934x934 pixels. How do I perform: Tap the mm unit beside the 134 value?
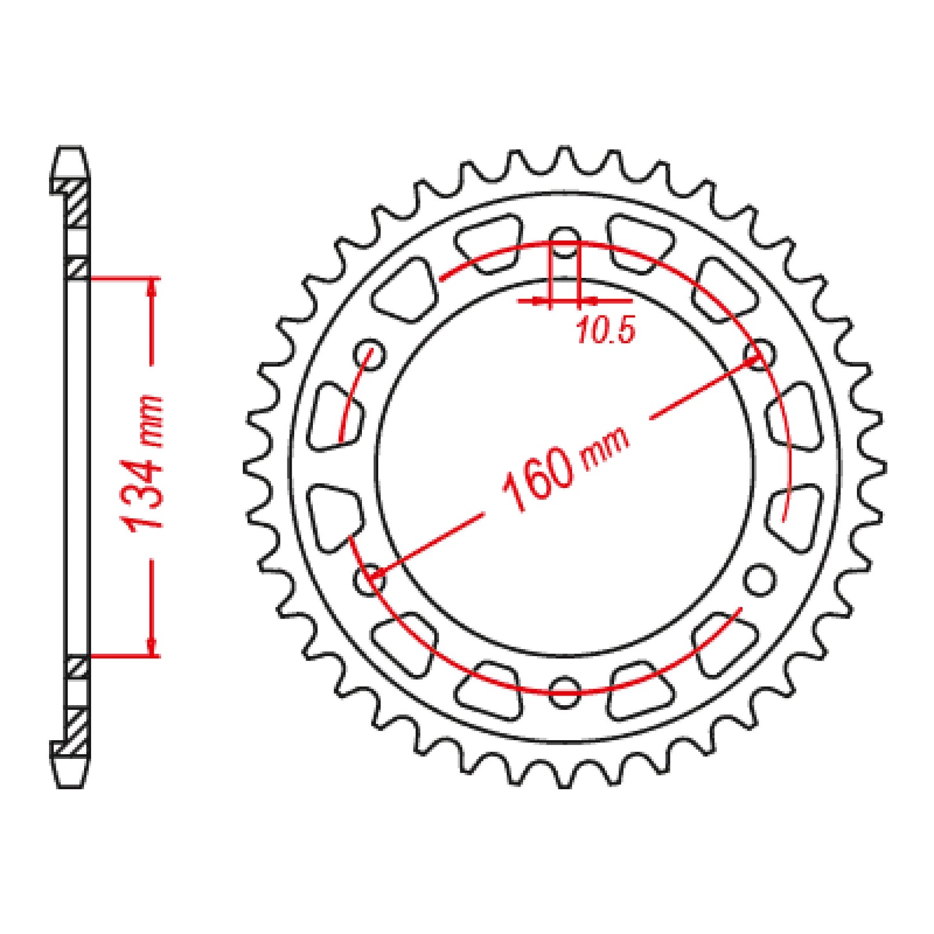coord(150,421)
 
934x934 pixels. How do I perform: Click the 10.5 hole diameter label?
coord(605,330)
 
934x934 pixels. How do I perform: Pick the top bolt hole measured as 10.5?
coord(565,240)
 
